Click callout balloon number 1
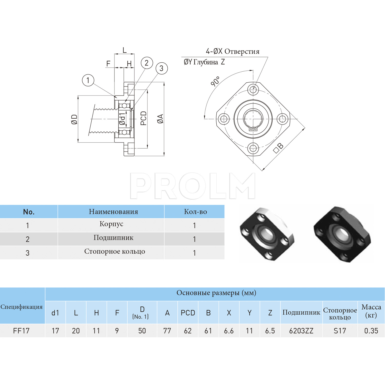[88, 80]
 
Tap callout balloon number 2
[147, 63]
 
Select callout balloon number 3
[161, 68]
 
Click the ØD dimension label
[74, 119]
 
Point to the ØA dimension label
[160, 119]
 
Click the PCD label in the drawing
[143, 118]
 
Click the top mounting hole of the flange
[253, 90]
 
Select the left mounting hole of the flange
[224, 119]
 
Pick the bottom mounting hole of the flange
[253, 148]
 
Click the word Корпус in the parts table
[111, 224]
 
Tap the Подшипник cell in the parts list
[113, 238]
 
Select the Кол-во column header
[195, 212]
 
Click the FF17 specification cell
[21, 331]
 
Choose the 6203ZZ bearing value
[301, 331]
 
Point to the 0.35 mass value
[371, 331]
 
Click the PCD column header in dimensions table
[188, 313]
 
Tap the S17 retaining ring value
[340, 331]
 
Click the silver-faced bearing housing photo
[267, 234]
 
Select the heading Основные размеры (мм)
[216, 293]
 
